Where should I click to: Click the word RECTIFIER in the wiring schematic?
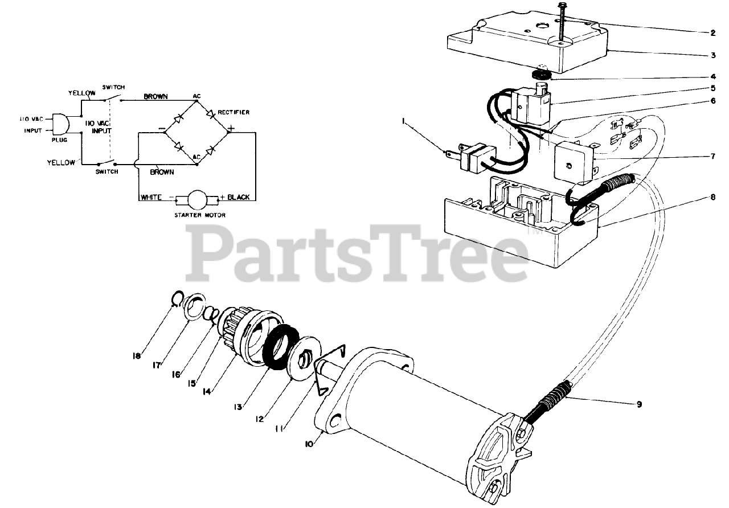coord(234,112)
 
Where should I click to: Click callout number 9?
coord(639,404)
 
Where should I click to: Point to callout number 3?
coord(712,55)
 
